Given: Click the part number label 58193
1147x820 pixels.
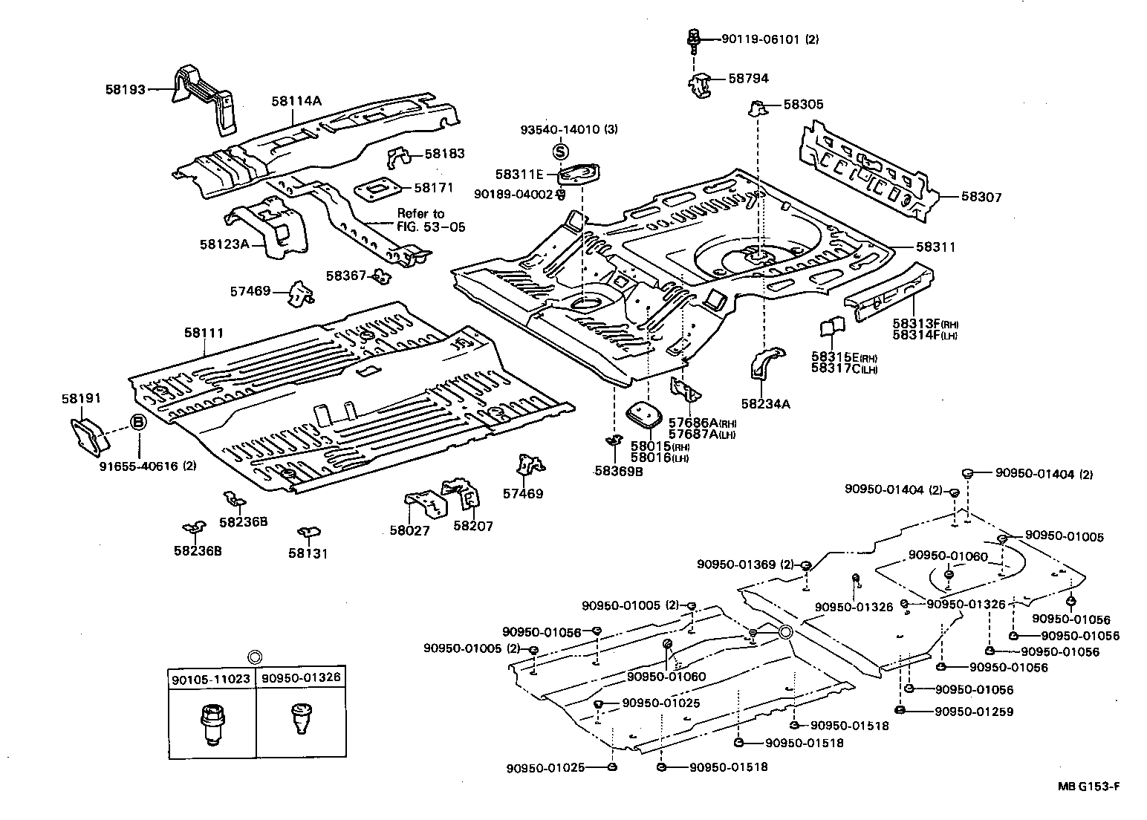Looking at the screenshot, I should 126,88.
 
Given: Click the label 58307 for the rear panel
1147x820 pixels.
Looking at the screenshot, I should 981,197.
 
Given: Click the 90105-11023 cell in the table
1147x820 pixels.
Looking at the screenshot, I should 211,679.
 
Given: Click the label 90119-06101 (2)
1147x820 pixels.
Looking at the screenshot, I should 770,39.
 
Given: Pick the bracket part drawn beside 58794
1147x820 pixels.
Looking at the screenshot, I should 701,85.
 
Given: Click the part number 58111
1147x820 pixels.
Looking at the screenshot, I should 204,334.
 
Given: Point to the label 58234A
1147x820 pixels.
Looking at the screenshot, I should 765,404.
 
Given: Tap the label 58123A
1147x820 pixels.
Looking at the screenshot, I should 224,244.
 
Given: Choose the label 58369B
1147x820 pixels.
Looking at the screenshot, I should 618,470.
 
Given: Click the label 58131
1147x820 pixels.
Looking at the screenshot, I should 308,553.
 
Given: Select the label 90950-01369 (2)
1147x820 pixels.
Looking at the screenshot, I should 745,564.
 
